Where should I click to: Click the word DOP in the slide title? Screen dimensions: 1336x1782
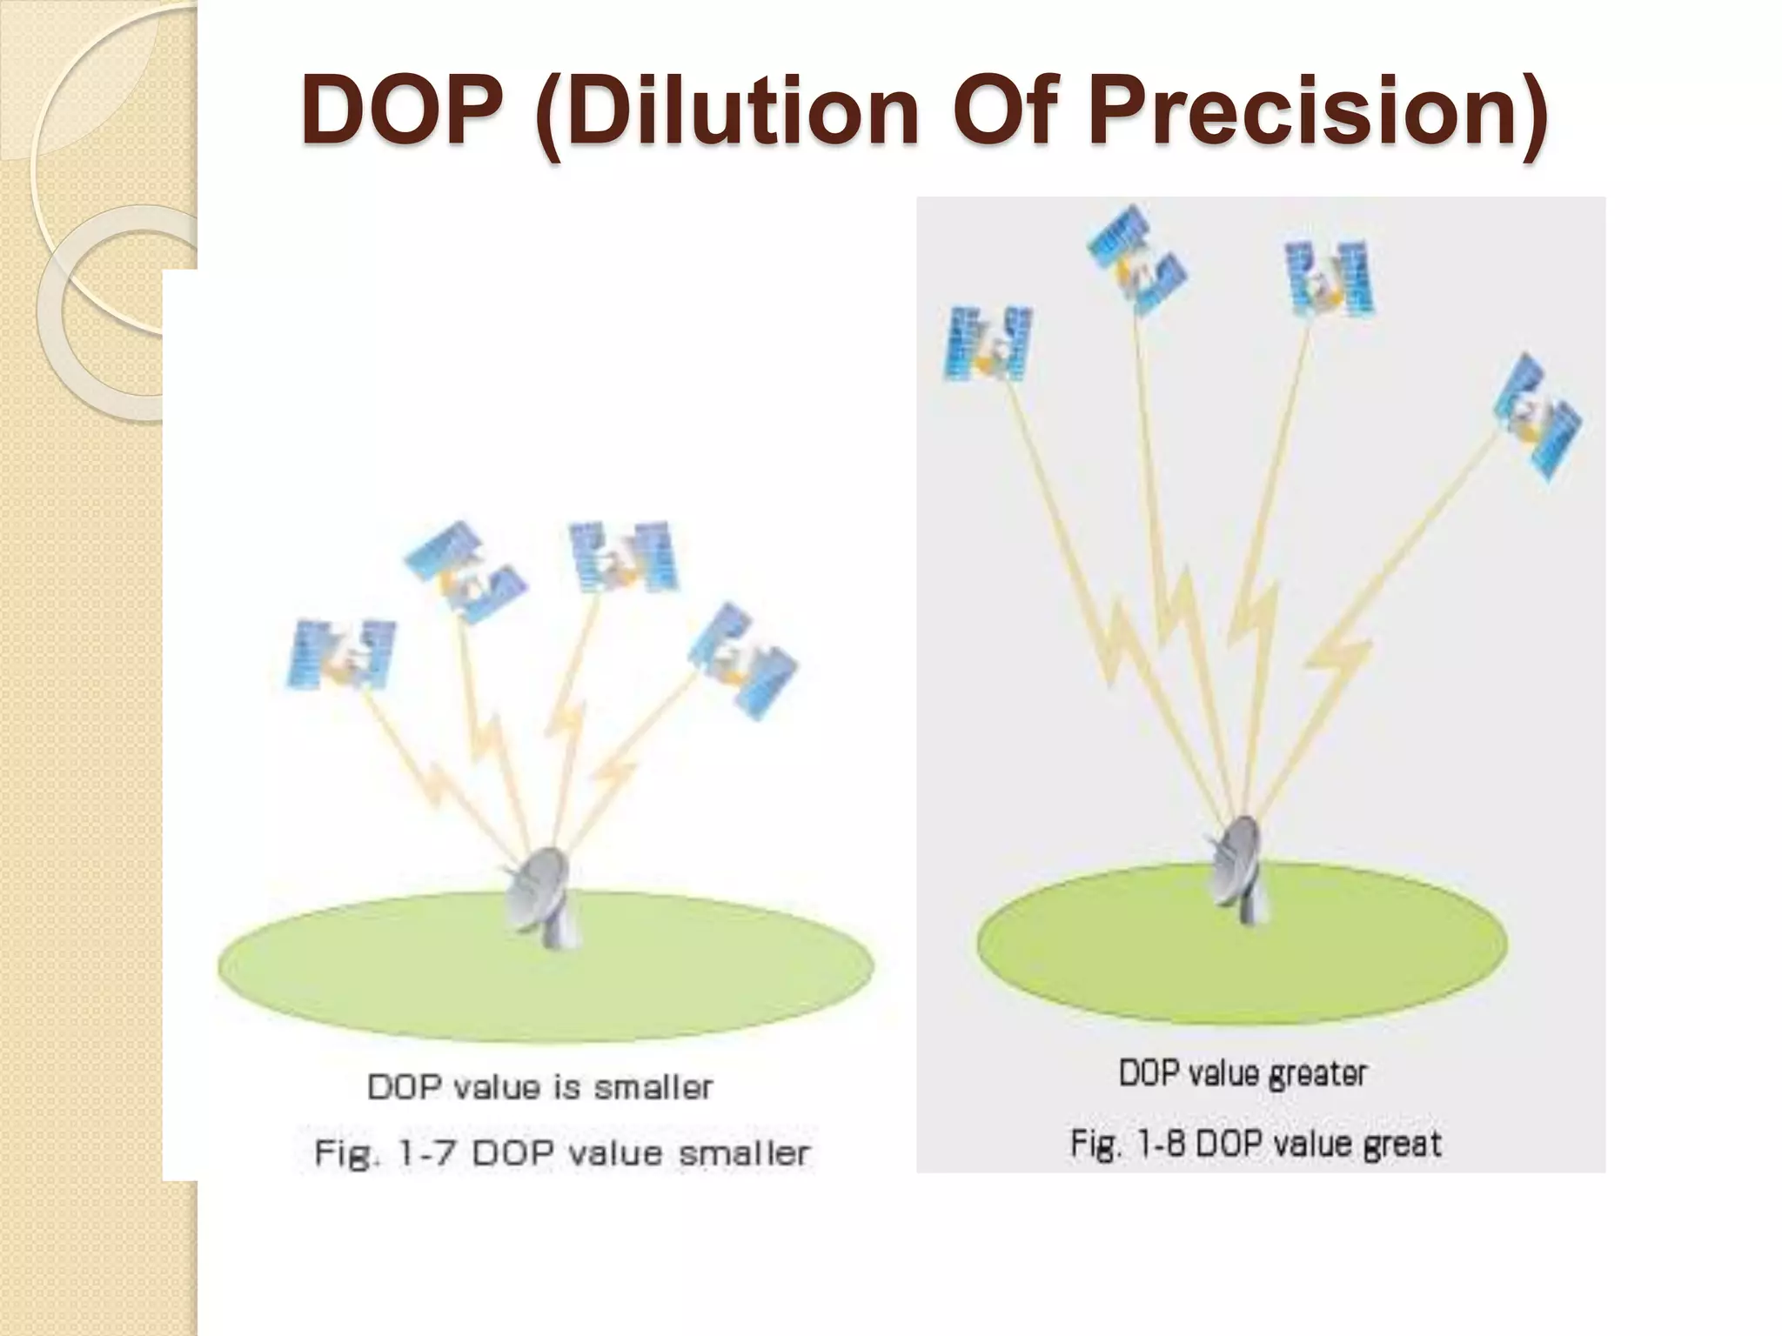tap(402, 110)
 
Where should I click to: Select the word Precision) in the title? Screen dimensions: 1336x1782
tap(1317, 110)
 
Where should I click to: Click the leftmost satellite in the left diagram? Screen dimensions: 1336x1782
tap(342, 655)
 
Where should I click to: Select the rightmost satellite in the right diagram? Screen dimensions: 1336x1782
tap(1538, 417)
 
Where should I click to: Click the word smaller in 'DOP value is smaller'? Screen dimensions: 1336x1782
tap(653, 1087)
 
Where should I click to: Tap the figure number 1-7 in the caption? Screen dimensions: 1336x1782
tap(426, 1154)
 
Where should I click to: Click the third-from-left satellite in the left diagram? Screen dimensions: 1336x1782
tap(623, 557)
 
